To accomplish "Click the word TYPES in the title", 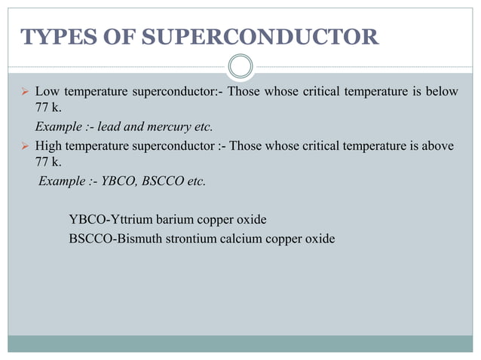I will [x=52, y=36].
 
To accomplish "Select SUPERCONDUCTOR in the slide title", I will [x=253, y=36].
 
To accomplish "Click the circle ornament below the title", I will [x=240, y=67].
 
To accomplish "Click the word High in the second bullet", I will [x=48, y=146].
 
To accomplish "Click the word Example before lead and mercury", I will [x=56, y=126].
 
